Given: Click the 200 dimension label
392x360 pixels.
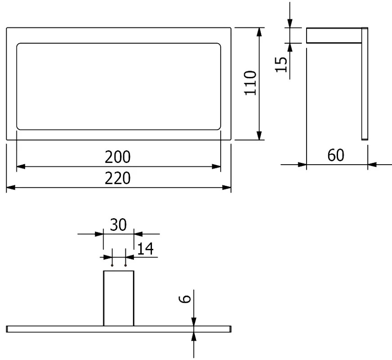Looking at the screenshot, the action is click(117, 157).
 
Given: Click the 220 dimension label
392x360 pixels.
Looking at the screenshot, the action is click(117, 178).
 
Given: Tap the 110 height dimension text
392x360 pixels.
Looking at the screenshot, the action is click(250, 83).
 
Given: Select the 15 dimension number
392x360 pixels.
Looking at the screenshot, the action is click(281, 64).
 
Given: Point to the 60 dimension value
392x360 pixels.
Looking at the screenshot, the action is click(336, 155).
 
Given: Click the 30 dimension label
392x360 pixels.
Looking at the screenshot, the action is click(118, 225).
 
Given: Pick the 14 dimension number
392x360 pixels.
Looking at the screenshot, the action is click(145, 249).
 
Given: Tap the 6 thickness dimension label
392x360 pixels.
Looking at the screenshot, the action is click(185, 299).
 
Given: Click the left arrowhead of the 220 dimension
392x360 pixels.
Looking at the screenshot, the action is click(11, 187).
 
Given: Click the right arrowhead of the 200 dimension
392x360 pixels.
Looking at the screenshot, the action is click(216, 166).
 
